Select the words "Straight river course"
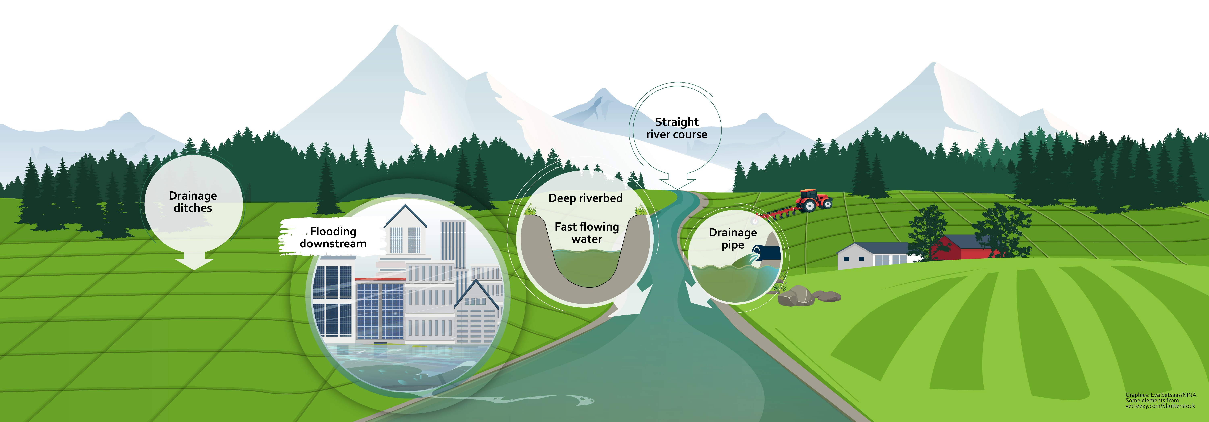click(x=677, y=128)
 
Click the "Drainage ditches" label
click(x=193, y=202)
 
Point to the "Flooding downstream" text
click(x=333, y=237)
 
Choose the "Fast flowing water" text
click(x=587, y=233)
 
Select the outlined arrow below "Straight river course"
click(x=677, y=181)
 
